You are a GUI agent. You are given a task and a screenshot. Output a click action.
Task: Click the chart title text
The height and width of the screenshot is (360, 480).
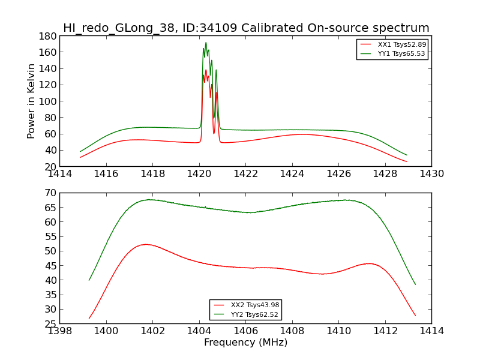[246, 28]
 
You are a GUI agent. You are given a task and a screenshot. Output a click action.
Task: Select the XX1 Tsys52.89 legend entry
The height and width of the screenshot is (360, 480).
[393, 44]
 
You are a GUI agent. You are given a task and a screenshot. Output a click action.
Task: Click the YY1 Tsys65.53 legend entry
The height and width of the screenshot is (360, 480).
[393, 53]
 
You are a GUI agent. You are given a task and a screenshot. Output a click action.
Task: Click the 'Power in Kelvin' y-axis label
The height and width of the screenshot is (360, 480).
[31, 101]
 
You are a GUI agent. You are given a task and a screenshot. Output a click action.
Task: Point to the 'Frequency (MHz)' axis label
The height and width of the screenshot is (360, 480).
[246, 342]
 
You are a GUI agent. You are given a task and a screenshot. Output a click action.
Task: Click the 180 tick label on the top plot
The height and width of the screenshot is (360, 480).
[48, 36]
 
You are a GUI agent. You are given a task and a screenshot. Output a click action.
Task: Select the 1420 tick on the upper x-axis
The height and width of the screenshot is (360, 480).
[199, 174]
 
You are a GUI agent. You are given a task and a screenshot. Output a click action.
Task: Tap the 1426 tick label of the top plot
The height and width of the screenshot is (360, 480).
[338, 174]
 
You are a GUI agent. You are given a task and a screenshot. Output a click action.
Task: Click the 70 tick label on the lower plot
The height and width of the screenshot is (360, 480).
[50, 193]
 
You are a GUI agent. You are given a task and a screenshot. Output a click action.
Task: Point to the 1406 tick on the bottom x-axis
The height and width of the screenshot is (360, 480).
[246, 331]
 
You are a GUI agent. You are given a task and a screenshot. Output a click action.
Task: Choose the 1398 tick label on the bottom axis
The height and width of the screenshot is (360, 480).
[60, 331]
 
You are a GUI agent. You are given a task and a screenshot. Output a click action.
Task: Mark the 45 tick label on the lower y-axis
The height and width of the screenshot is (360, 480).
[50, 265]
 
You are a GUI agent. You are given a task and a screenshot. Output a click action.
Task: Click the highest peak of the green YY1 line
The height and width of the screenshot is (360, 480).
[206, 43]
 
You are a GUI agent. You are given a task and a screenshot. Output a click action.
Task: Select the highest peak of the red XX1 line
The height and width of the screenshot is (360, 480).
[206, 70]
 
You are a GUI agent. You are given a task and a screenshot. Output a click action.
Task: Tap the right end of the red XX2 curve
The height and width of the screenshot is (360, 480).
[415, 316]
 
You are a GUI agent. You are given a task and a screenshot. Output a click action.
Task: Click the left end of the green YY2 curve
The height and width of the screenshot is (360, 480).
[89, 280]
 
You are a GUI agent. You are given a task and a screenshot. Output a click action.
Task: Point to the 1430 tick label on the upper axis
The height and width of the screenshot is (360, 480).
[431, 174]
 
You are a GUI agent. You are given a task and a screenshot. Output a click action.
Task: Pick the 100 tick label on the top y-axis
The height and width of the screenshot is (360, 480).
[48, 101]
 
